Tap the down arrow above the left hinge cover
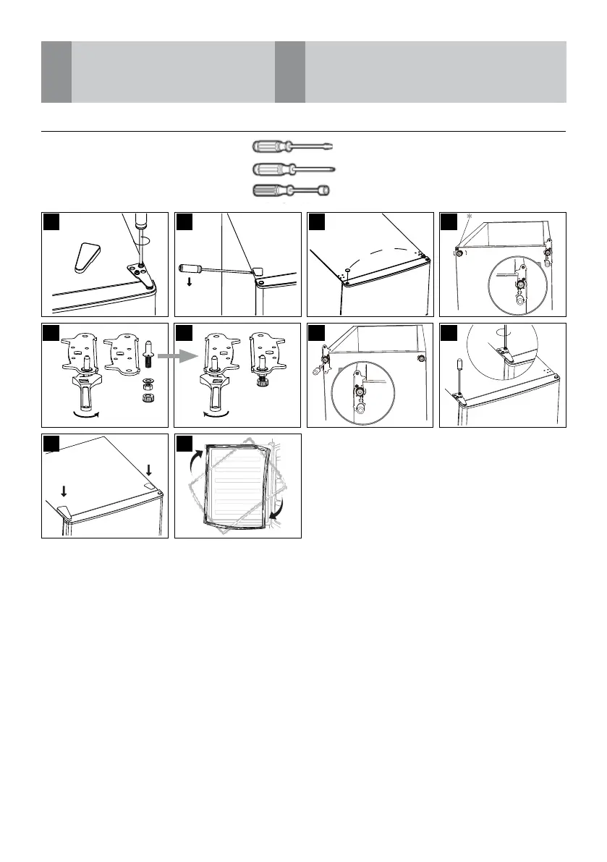click(64, 491)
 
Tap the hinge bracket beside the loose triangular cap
click(139, 274)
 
